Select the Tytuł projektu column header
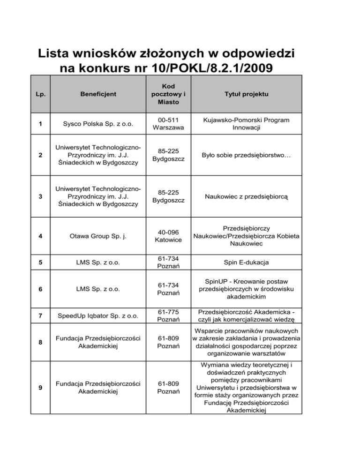(246, 94)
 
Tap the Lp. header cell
(41, 94)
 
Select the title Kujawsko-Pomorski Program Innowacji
(246, 124)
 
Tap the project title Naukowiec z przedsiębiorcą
(246, 198)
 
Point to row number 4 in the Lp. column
(41, 238)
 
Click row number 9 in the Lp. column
(41, 388)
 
